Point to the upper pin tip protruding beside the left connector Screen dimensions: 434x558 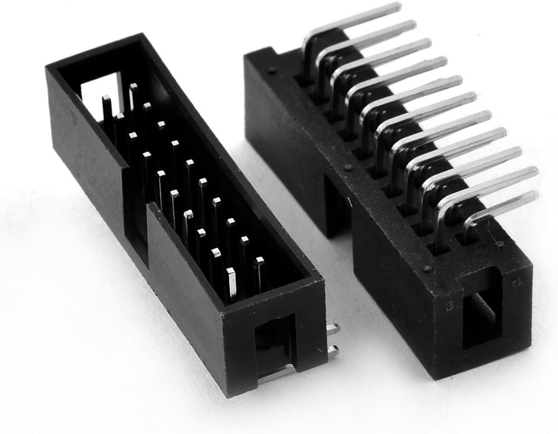pos(333,330)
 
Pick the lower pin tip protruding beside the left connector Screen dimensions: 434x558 pos(334,351)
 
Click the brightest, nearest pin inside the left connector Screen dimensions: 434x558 pos(231,284)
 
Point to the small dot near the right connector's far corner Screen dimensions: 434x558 pos(274,70)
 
